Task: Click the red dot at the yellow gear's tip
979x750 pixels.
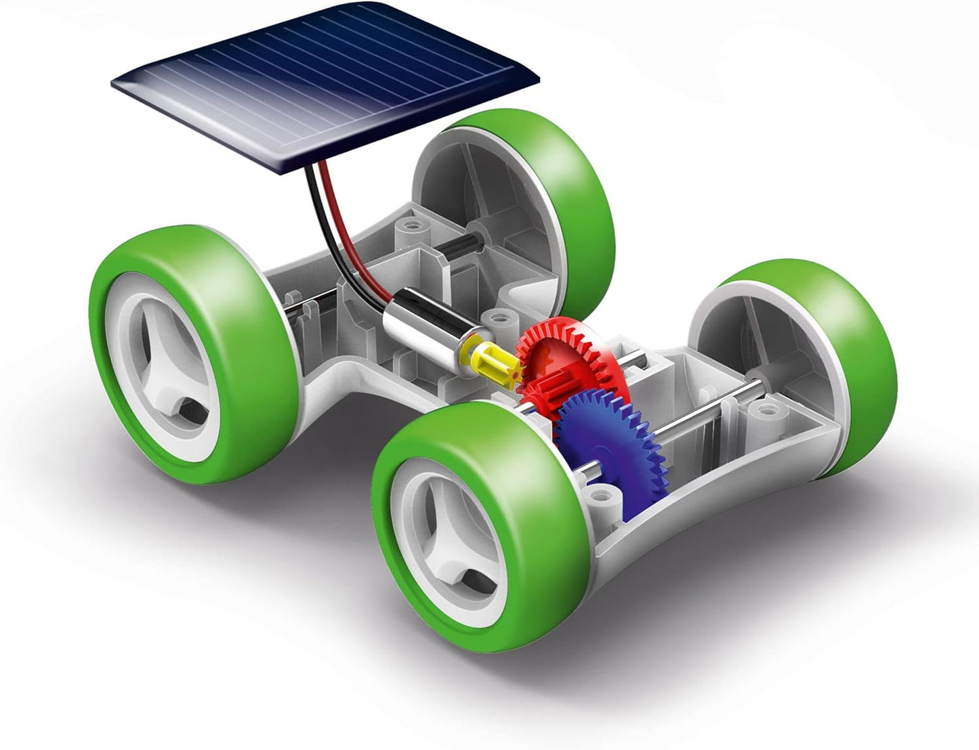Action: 516,373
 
